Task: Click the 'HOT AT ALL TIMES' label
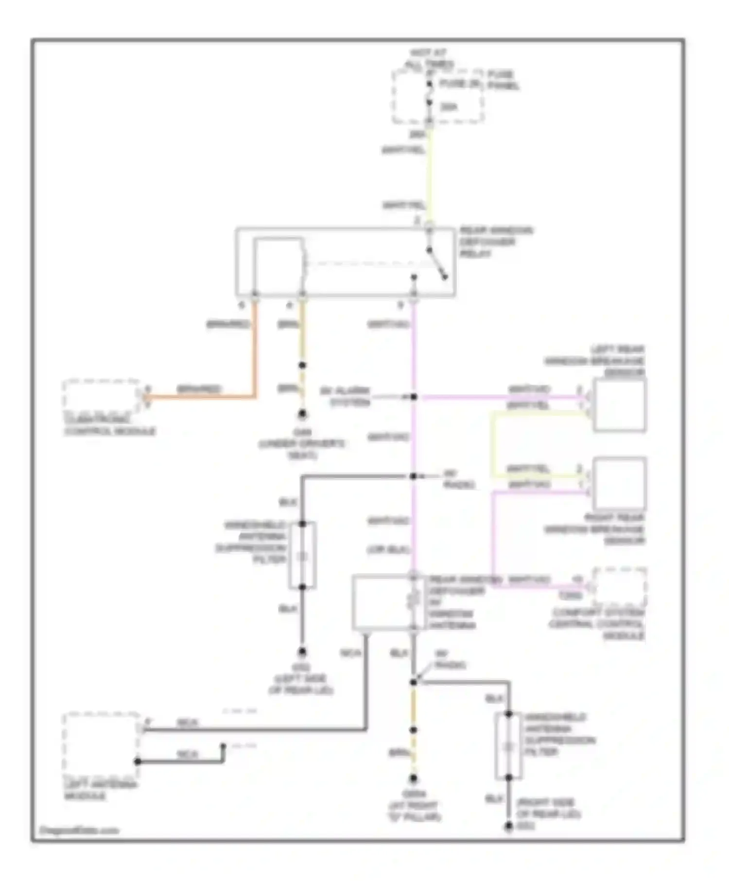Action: coord(429,58)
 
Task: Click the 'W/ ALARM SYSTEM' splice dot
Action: coord(414,397)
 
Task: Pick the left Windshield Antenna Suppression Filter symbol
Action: coord(302,556)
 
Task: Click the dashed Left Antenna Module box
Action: coord(101,743)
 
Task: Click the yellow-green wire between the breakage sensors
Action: coord(493,444)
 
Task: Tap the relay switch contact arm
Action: coord(437,265)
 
